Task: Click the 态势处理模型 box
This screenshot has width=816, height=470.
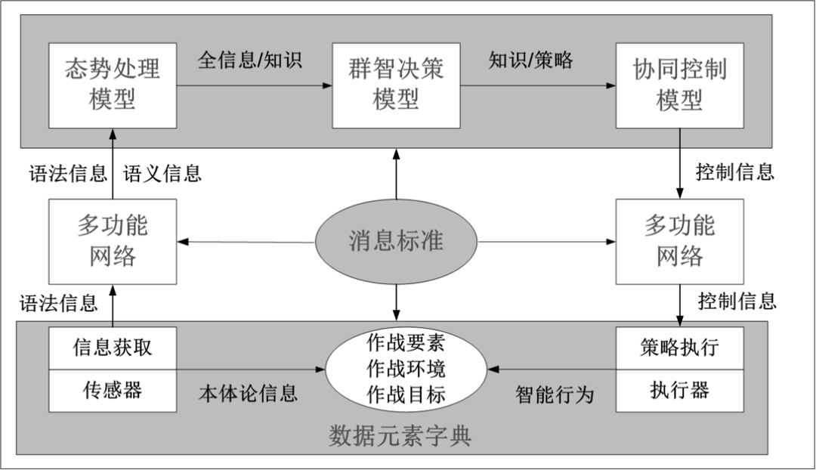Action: point(113,85)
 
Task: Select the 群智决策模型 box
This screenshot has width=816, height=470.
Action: point(396,85)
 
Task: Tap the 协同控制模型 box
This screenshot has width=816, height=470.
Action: point(679,85)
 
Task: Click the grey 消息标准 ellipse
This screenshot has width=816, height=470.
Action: point(396,242)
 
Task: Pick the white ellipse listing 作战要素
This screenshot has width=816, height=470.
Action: point(406,370)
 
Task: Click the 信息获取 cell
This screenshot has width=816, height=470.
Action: point(113,348)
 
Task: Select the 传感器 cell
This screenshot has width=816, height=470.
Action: point(113,390)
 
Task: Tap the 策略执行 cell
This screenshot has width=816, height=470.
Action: point(679,348)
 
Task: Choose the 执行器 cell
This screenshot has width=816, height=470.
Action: point(679,390)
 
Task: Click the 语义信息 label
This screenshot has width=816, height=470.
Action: point(162,174)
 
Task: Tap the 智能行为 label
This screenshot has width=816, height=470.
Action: point(555,394)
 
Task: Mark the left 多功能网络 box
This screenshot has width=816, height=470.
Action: point(113,241)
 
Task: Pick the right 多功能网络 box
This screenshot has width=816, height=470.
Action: point(679,241)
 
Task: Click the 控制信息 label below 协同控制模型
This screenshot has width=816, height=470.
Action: point(735,172)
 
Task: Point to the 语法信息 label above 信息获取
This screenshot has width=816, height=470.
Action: point(59,304)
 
